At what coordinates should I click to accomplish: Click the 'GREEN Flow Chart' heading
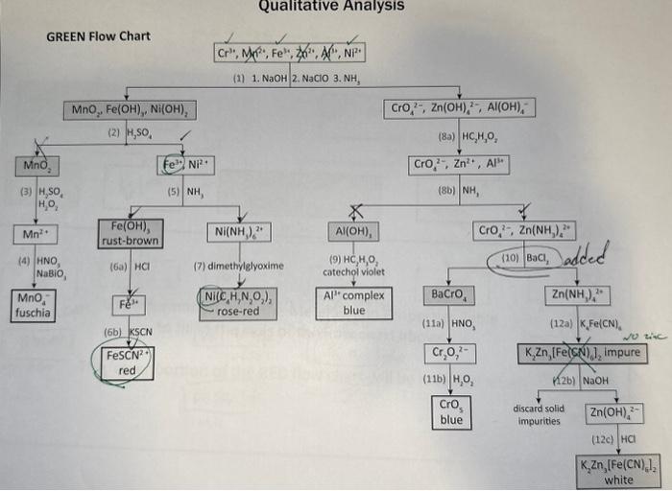coord(99,37)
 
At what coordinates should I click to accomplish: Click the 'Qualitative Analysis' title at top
coord(331,7)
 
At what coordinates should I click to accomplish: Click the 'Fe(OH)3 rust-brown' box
coord(130,233)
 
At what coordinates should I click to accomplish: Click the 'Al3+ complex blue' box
coord(354,302)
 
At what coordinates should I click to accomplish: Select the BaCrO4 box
coord(450,293)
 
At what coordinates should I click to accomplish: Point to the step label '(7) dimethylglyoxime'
coord(239,265)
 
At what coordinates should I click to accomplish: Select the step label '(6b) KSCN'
coord(129,332)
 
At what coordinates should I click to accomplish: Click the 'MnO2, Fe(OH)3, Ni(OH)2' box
coord(130,111)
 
